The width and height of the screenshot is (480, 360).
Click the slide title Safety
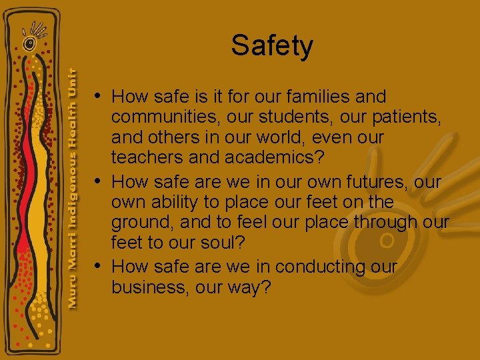pyautogui.click(x=272, y=46)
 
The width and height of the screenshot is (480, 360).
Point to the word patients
pyautogui.click(x=394, y=118)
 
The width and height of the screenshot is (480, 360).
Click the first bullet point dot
pyautogui.click(x=98, y=95)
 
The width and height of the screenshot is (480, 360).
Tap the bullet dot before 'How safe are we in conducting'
pyautogui.click(x=98, y=265)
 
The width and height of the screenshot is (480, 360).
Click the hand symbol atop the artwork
pyautogui.click(x=33, y=34)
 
